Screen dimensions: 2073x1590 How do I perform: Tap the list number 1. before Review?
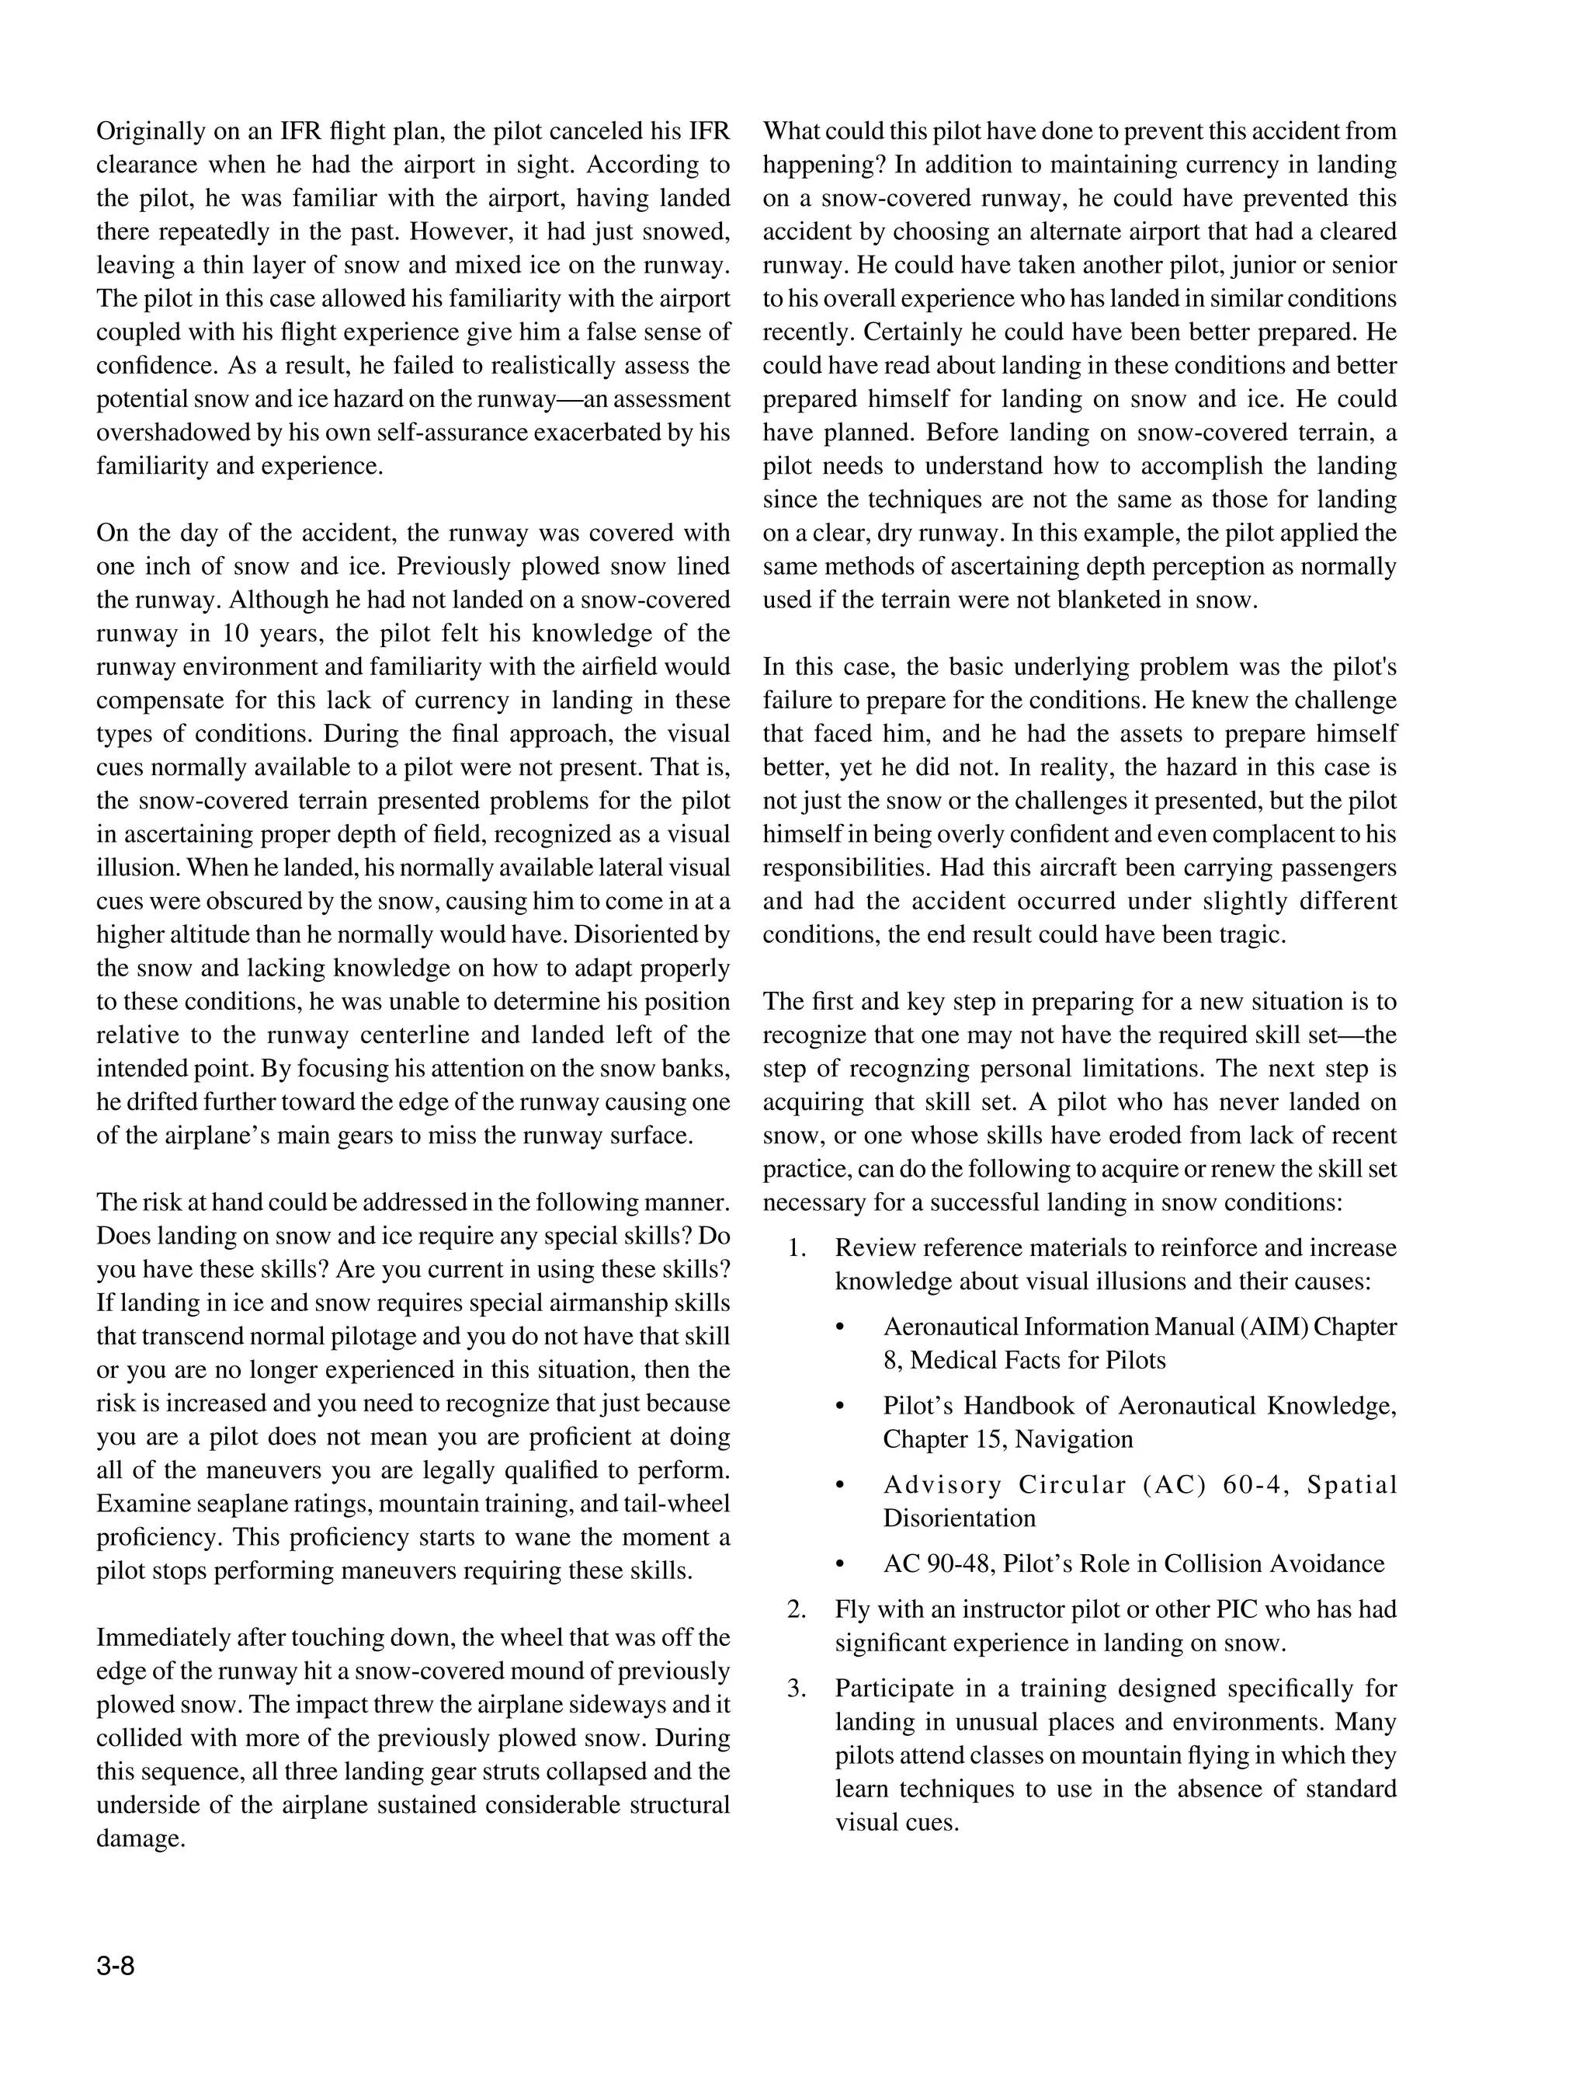(797, 1248)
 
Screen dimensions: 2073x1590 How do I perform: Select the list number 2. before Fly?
(797, 1609)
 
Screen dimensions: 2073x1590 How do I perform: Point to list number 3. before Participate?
(797, 1689)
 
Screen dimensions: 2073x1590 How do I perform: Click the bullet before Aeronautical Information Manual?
(839, 1328)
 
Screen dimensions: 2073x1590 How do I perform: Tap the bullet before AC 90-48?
(839, 1563)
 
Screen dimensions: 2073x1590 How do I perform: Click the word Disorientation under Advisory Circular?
(959, 1518)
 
